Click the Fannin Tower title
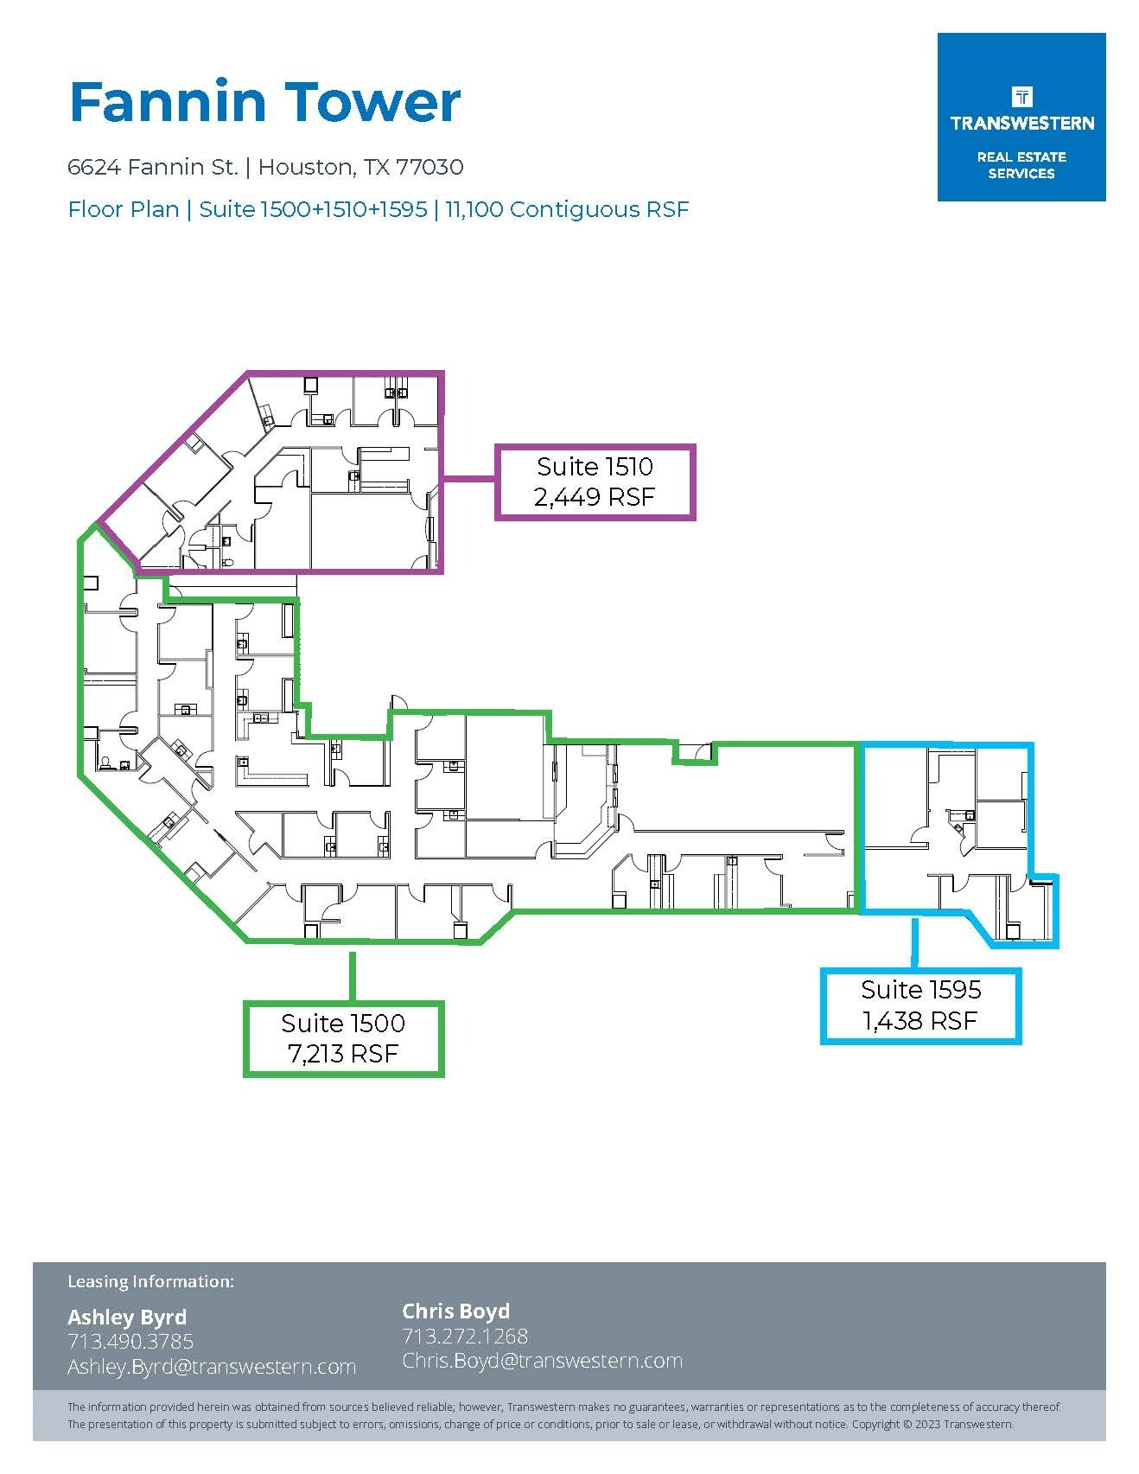(264, 102)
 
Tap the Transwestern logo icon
(1021, 95)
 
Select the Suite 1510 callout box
(595, 482)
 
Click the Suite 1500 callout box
(343, 1038)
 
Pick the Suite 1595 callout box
(921, 1005)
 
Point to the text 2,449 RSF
(595, 497)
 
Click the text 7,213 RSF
(343, 1054)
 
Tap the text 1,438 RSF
(920, 1021)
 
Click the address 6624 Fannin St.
(152, 167)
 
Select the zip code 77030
(430, 167)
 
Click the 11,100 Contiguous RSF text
(567, 210)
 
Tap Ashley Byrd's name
(127, 1318)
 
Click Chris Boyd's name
(456, 1311)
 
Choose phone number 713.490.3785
(130, 1342)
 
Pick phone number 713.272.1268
(465, 1336)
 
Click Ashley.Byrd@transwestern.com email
(212, 1367)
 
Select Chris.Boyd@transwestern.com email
(543, 1361)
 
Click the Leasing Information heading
(150, 1281)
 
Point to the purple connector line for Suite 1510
(468, 476)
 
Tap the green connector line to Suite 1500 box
(352, 976)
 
